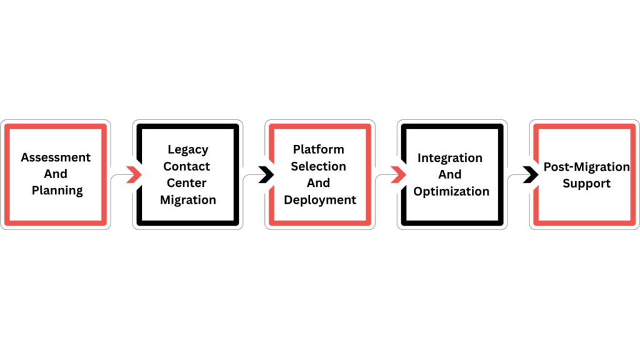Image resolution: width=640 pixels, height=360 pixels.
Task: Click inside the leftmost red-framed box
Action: pyautogui.click(x=55, y=174)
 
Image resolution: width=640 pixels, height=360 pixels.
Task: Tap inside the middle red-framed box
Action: pyautogui.click(x=320, y=174)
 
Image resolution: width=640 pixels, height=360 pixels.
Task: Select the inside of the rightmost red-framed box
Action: pyautogui.click(x=584, y=174)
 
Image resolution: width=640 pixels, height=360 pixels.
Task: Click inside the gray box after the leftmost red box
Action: pyautogui.click(x=187, y=174)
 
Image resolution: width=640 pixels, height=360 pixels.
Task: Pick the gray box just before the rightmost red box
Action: pyautogui.click(x=452, y=174)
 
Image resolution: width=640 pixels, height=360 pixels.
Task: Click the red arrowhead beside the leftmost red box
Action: pyautogui.click(x=133, y=174)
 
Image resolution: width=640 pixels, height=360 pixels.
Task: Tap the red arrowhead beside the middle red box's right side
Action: pyautogui.click(x=397, y=174)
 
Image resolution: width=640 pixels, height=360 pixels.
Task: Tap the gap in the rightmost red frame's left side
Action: pyautogui.click(x=535, y=174)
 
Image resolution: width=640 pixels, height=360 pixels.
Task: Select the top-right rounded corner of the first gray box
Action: pyautogui.click(x=241, y=122)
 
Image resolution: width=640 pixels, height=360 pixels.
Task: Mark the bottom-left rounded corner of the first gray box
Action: pyautogui.click(x=134, y=227)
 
